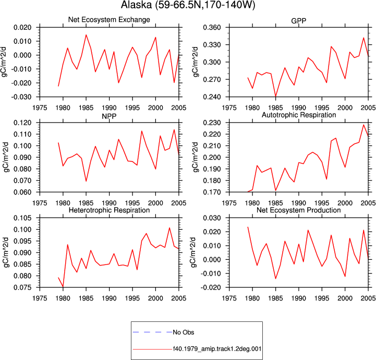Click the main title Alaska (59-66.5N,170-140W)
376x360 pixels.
[x=188, y=5]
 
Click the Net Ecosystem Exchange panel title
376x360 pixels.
[x=109, y=20]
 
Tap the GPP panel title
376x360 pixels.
[x=298, y=21]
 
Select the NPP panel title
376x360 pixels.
[x=109, y=116]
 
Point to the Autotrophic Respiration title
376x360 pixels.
[x=299, y=115]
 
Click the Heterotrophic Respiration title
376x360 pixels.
[x=109, y=210]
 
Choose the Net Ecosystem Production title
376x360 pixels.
[x=298, y=210]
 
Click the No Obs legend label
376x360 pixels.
[x=184, y=332]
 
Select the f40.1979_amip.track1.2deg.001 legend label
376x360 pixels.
[x=217, y=349]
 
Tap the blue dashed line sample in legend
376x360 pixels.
[x=152, y=332]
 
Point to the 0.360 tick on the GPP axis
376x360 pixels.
[x=212, y=28]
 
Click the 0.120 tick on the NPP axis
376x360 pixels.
[x=22, y=123]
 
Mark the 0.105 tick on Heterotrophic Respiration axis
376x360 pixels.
[x=22, y=218]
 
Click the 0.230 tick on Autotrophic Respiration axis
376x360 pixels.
[x=212, y=123]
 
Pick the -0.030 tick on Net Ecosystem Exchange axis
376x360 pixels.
[x=21, y=97]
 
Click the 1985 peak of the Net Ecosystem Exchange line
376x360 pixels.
[x=86, y=35]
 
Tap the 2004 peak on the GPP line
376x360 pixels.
[x=363, y=38]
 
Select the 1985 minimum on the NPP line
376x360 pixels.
[x=86, y=181]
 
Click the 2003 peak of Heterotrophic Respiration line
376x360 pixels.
[x=169, y=228]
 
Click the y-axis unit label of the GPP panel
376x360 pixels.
[x=196, y=62]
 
